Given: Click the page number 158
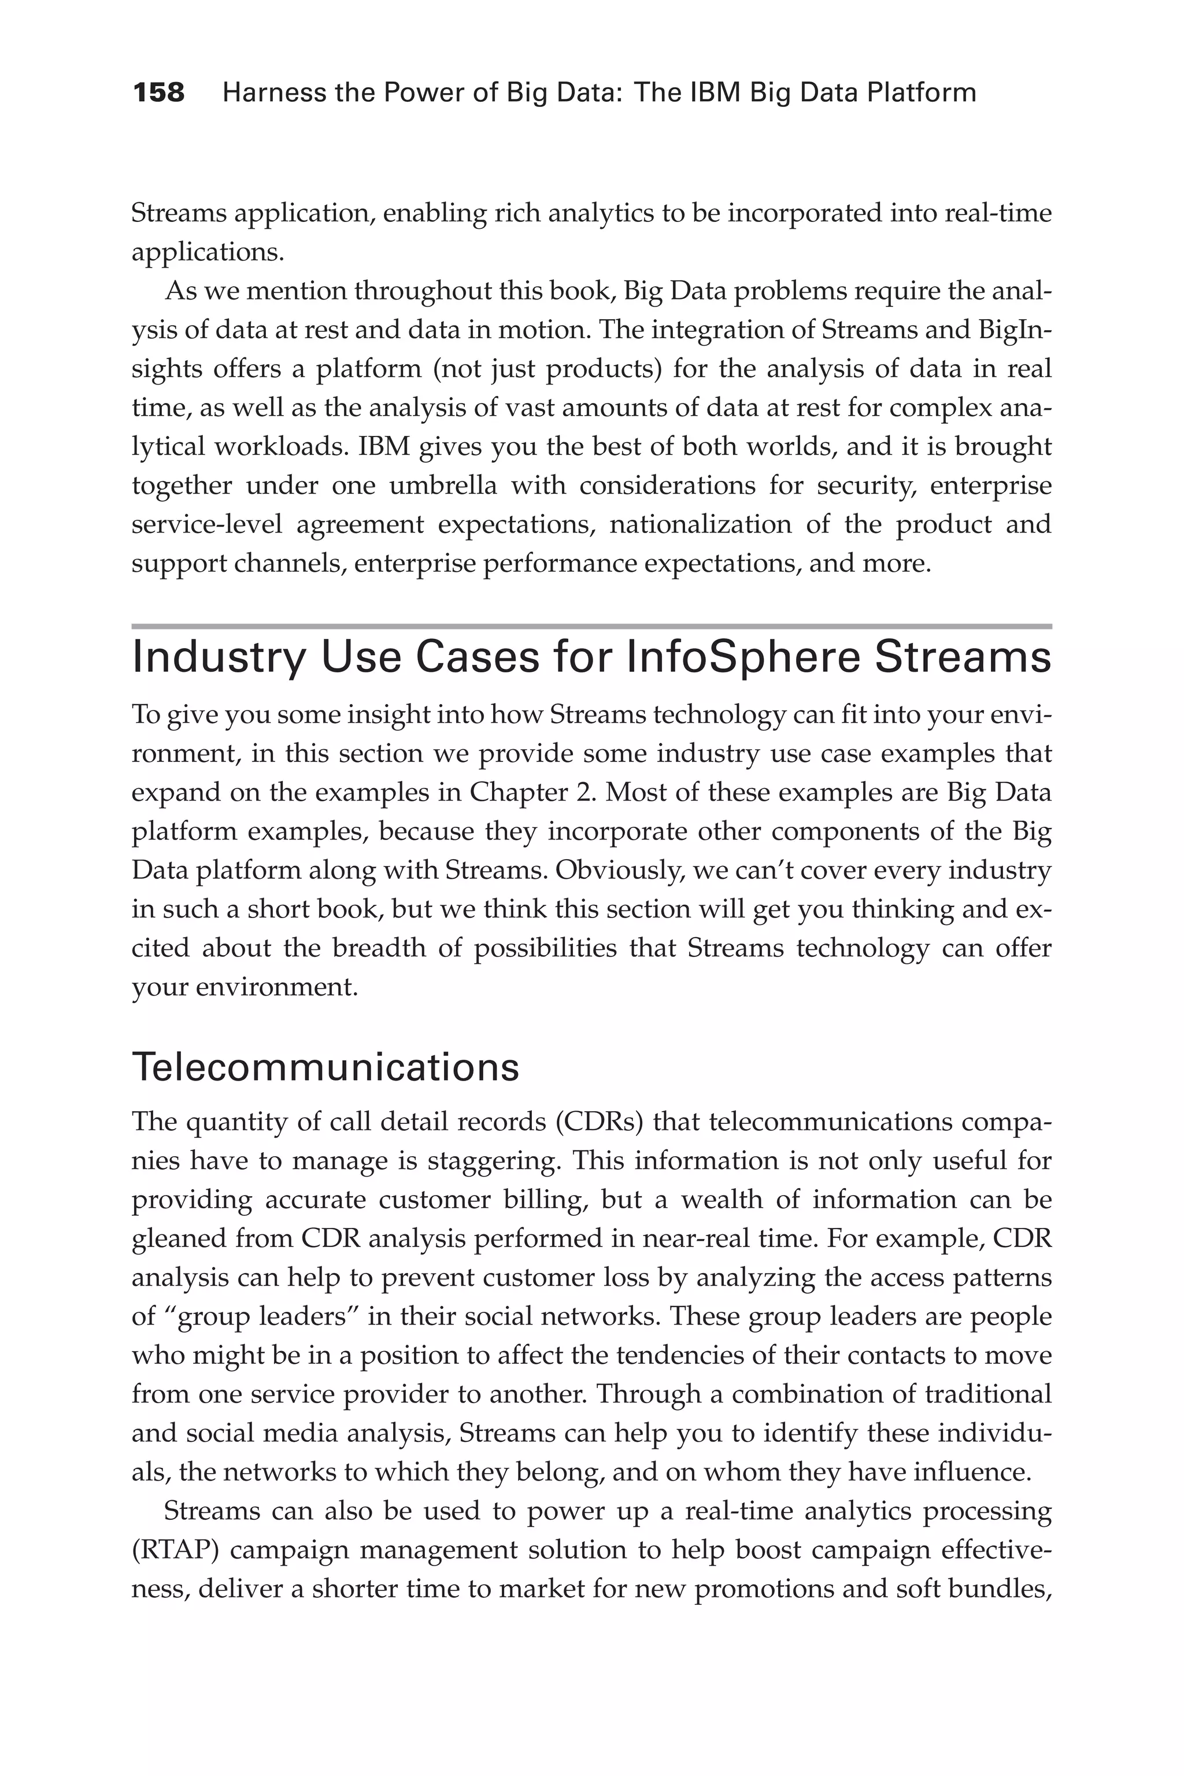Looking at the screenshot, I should click(x=158, y=93).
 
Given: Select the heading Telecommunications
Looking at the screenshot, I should click(x=325, y=1068).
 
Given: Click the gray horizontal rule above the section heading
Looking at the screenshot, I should click(x=591, y=626).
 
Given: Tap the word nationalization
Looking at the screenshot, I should click(x=700, y=524).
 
